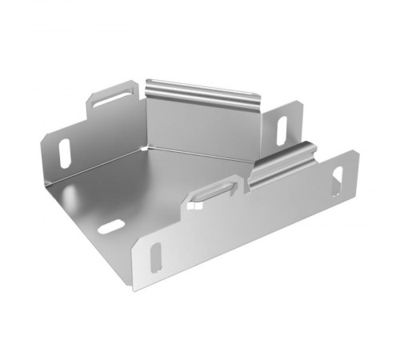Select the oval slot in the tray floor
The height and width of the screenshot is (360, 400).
111,226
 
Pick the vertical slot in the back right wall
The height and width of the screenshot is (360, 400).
282,130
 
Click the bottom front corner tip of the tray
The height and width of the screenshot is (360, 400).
135,289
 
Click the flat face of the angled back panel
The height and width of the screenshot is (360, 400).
200,124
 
